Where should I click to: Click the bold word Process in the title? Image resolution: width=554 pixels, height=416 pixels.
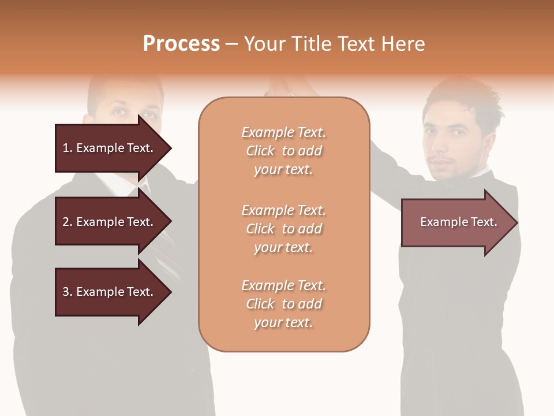[181, 44]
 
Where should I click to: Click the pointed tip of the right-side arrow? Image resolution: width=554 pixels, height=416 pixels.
[516, 222]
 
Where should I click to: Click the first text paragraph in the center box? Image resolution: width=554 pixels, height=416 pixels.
[283, 151]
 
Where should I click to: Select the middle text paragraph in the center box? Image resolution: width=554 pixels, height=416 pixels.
[283, 229]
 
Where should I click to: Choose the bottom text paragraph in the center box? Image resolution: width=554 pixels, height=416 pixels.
[283, 304]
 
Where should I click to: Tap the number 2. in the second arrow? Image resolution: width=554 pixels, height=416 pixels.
[68, 222]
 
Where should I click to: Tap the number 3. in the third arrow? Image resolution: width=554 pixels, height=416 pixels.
[68, 292]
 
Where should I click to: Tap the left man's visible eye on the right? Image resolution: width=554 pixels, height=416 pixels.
[149, 114]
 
